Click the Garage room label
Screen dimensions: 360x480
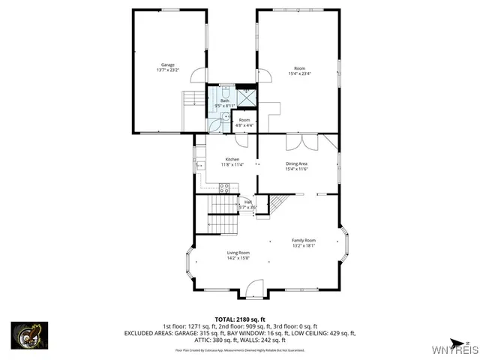[x=167, y=65]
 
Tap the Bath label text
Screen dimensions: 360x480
[x=224, y=100]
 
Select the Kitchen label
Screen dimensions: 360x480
[x=233, y=160]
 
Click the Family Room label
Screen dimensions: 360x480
[x=304, y=240]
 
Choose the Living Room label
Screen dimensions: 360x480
[x=238, y=253]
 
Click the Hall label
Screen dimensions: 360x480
[x=247, y=202]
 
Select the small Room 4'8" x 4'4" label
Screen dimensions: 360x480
[x=244, y=121]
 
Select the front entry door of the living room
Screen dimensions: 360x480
[x=255, y=286]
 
